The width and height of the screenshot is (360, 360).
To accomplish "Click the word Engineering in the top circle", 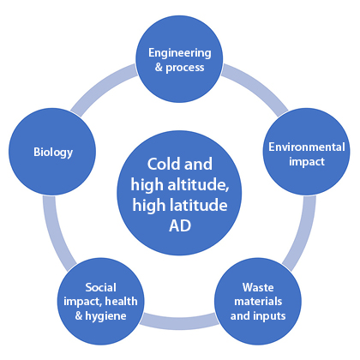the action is [x=180, y=53].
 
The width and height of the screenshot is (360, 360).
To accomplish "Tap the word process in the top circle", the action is [x=185, y=68].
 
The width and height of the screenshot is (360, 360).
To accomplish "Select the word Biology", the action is [x=53, y=153].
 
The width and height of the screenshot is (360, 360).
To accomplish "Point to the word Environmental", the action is [x=307, y=147].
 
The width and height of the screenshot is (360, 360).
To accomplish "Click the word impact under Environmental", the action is [x=307, y=162].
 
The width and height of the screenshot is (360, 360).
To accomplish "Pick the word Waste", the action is [x=258, y=287].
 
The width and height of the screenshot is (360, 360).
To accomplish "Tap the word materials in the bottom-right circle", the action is [x=258, y=302].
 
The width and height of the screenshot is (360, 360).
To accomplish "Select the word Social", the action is [x=100, y=287].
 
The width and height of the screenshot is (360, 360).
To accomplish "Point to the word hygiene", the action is [x=105, y=316].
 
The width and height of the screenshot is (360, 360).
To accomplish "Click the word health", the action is [x=121, y=302].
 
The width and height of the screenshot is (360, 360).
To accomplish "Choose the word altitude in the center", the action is [x=198, y=185].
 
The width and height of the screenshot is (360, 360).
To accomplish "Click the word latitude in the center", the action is [x=198, y=206].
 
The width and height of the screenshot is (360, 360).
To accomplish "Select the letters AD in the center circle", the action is [x=180, y=226].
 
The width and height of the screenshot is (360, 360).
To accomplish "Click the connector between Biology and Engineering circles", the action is [x=103, y=88].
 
